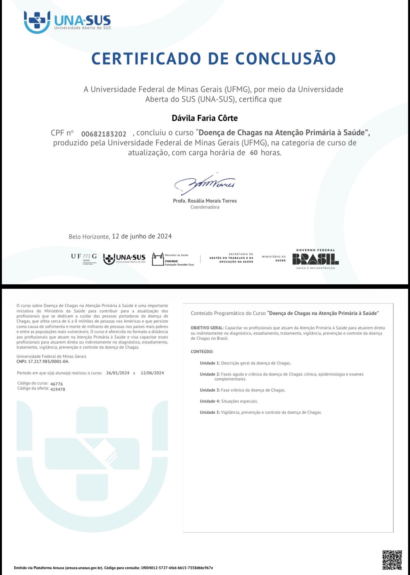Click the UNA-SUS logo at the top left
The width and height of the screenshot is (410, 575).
coord(67,22)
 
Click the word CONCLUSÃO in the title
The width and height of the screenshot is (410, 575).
coord(285,59)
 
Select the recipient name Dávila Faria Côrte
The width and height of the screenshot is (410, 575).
coord(205,118)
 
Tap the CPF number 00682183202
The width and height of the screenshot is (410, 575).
coord(103,134)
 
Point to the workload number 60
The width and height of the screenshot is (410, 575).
coord(254,153)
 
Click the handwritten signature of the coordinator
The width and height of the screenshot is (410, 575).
coord(205,184)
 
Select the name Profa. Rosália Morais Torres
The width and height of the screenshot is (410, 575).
coord(205,201)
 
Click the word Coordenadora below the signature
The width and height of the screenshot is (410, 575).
coord(205,207)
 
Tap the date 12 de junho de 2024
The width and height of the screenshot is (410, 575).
coord(142,236)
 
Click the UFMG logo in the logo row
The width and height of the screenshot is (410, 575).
coord(84,258)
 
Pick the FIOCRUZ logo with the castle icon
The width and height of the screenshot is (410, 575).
coord(173,259)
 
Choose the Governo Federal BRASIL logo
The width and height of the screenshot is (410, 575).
coord(315,259)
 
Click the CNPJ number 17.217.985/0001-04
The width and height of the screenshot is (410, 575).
coord(48,361)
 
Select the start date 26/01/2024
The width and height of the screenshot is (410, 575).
coord(118,373)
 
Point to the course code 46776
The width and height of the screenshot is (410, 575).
coord(56,384)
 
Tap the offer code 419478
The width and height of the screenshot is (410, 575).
coord(58,389)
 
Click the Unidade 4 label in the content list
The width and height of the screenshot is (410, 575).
coord(210,401)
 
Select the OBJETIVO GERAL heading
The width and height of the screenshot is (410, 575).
coord(207,328)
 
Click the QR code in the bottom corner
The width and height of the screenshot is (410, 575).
coord(392,560)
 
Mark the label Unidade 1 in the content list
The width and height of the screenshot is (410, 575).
coord(210,363)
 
